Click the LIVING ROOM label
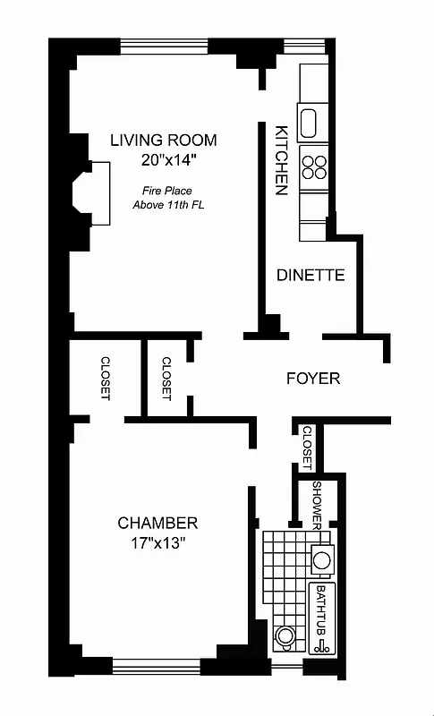pos(163,141)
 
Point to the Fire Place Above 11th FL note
pos(167,197)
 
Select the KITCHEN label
pos(280,160)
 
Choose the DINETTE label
pos(311,276)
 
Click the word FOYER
pos(312,379)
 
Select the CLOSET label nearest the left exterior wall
pos(106,378)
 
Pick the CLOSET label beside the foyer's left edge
pos(166,378)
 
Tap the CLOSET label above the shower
pos(307,447)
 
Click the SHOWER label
pos(317,504)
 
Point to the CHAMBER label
pos(157,524)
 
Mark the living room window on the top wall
pos(164,47)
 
